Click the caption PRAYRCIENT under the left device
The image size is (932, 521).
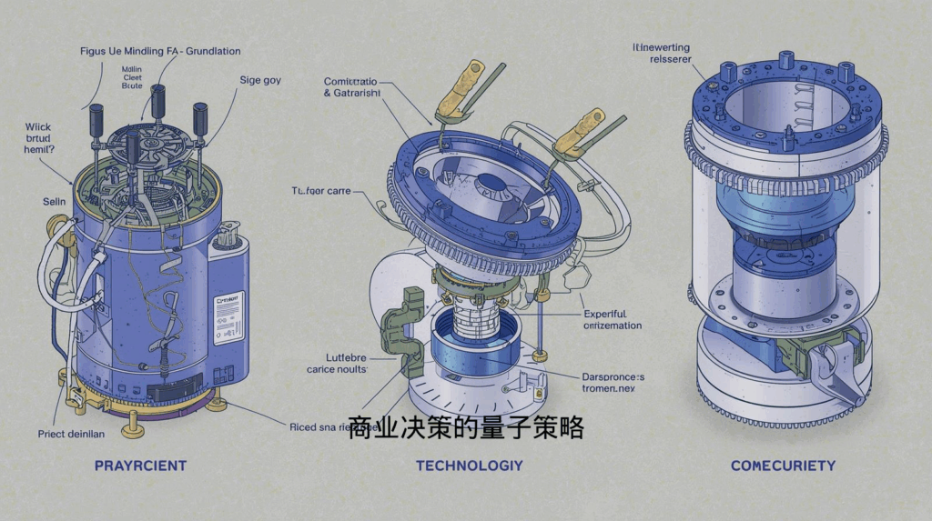pyautogui.click(x=140, y=466)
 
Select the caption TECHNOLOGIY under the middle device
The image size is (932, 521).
pyautogui.click(x=469, y=466)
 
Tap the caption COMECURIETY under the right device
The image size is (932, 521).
pyautogui.click(x=783, y=466)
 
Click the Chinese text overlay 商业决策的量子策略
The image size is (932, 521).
pyautogui.click(x=465, y=428)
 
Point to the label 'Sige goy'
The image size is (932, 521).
pyautogui.click(x=260, y=80)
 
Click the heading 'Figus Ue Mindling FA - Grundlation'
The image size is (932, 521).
pyautogui.click(x=160, y=52)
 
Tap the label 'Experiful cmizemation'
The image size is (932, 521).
pyautogui.click(x=612, y=318)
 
